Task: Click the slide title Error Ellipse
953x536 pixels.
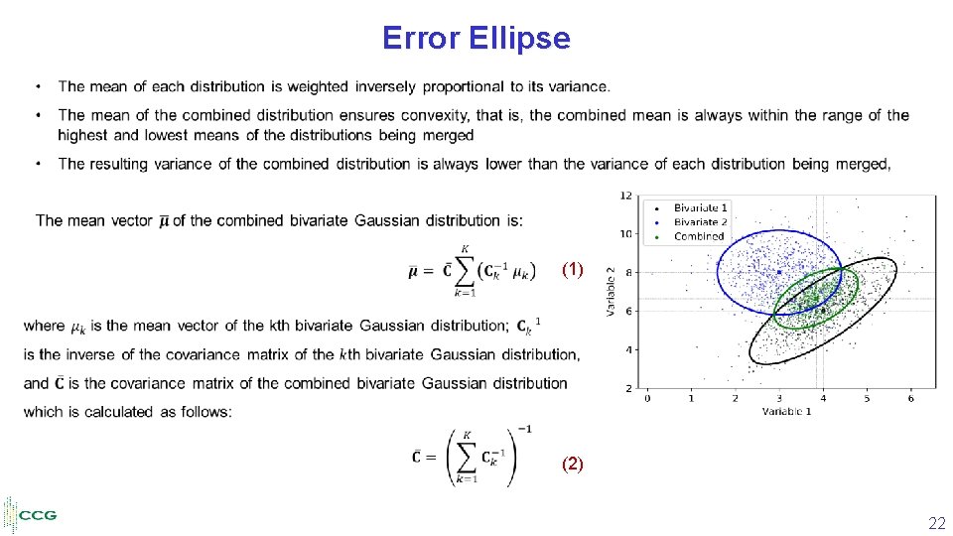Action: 476,39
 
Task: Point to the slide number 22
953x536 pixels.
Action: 936,523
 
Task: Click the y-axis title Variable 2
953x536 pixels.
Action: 613,292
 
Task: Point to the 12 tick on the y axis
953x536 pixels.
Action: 626,196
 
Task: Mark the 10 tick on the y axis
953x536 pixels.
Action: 626,234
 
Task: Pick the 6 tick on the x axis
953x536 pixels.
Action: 910,398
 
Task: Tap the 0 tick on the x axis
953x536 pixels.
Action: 647,398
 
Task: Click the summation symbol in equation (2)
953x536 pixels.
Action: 466,458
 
